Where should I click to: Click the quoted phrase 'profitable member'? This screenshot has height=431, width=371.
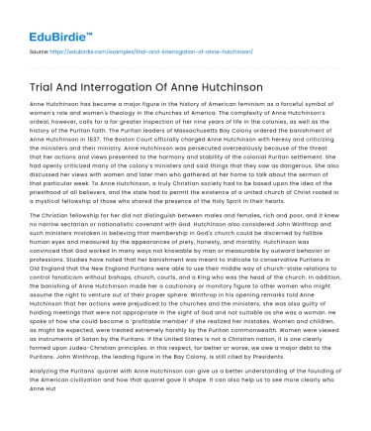pyautogui.click(x=139, y=321)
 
